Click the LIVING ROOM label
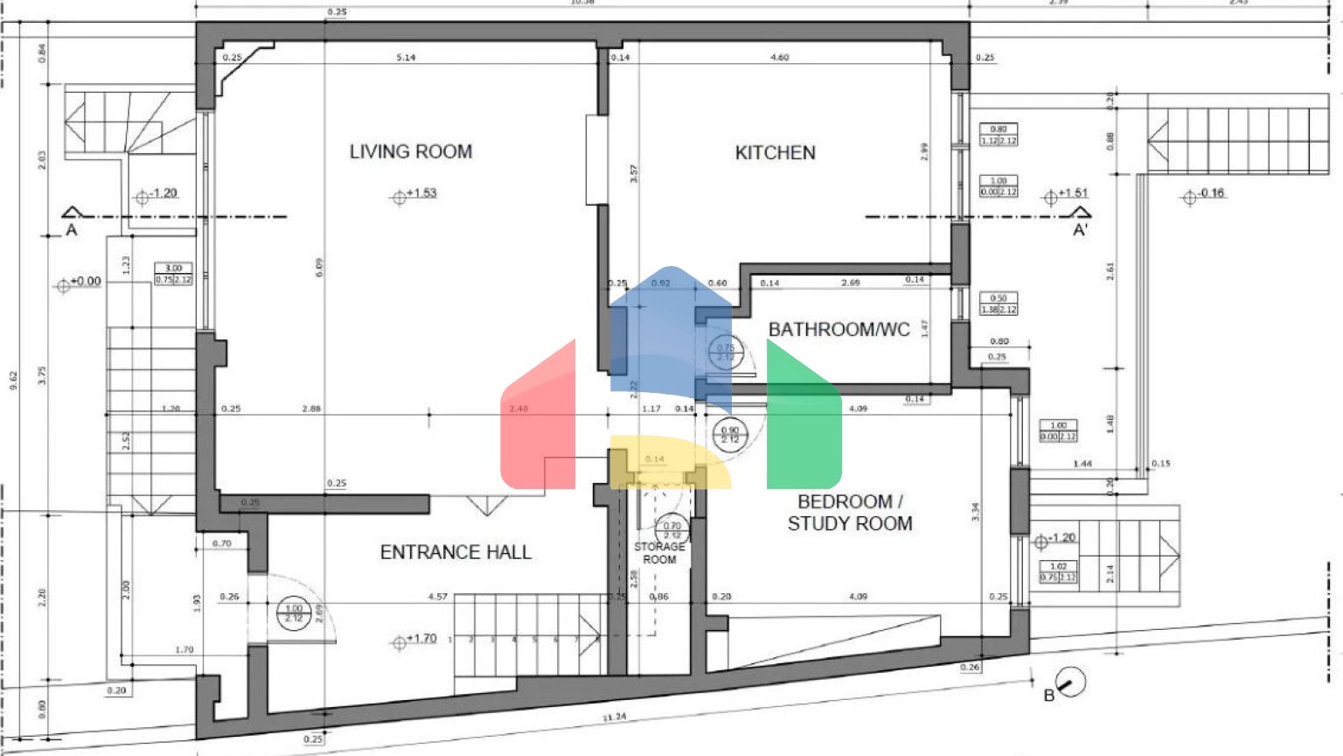pyautogui.click(x=410, y=151)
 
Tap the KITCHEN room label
pyautogui.click(x=775, y=152)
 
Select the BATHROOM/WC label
pyautogui.click(x=839, y=329)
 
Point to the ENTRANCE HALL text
pyautogui.click(x=455, y=552)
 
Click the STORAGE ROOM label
pyautogui.click(x=659, y=553)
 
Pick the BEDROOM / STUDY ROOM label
pyautogui.click(x=849, y=513)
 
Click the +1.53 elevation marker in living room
pyautogui.click(x=414, y=194)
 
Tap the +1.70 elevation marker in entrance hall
pyautogui.click(x=414, y=640)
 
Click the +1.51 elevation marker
pyautogui.click(x=1066, y=194)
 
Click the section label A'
pyautogui.click(x=1081, y=230)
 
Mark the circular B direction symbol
pyautogui.click(x=1070, y=681)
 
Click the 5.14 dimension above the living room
pyautogui.click(x=406, y=58)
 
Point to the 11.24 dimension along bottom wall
pyautogui.click(x=615, y=717)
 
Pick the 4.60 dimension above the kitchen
pyautogui.click(x=779, y=58)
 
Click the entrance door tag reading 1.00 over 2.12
pyautogui.click(x=294, y=612)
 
